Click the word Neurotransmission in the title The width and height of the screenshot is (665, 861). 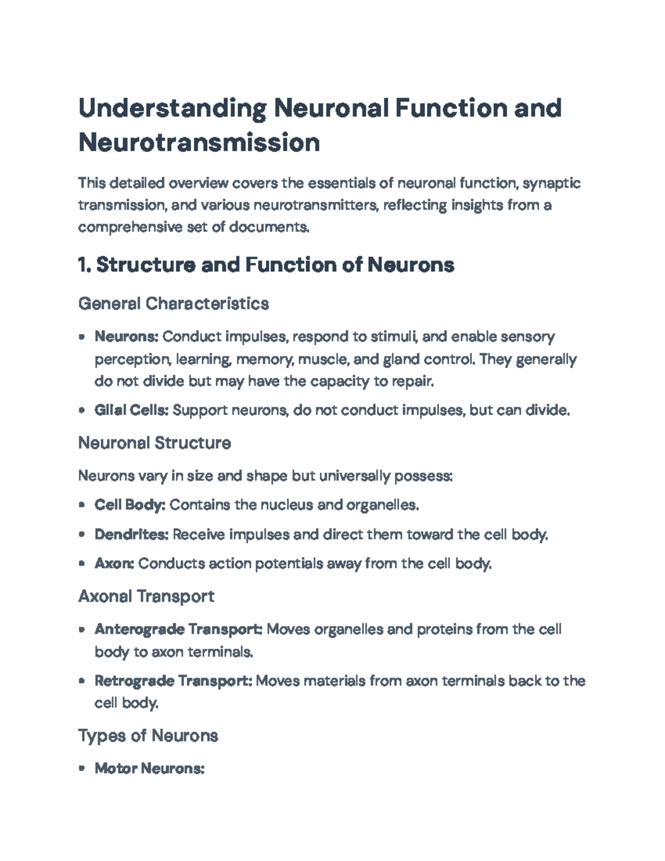tap(199, 142)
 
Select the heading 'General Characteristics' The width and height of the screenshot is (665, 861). tap(173, 304)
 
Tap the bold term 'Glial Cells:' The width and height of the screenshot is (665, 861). tap(131, 410)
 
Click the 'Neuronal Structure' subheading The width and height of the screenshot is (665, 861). tap(155, 443)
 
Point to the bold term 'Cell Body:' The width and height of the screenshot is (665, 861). tap(130, 505)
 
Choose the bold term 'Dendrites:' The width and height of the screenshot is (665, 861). tap(131, 534)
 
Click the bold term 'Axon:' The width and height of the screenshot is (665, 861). tap(114, 564)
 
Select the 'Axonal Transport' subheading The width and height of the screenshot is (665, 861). tap(146, 597)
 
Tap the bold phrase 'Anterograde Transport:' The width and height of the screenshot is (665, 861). tap(178, 629)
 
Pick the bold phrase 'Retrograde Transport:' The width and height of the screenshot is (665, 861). tap(173, 681)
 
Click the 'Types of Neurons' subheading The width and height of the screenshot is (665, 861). tap(148, 736)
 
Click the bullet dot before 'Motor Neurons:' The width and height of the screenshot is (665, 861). tap(82, 769)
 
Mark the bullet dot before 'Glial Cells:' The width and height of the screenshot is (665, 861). tap(82, 411)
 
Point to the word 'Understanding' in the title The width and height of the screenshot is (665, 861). tap(172, 108)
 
